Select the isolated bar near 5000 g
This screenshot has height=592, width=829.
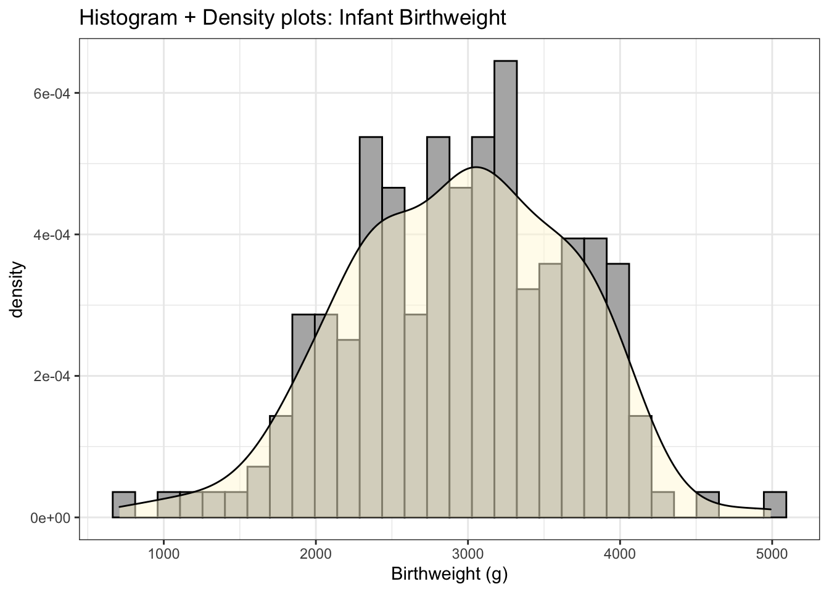pos(775,504)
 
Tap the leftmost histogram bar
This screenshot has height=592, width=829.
pos(123,504)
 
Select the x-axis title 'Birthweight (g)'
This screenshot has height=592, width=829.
pos(449,575)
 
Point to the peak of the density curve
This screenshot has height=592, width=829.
pos(475,167)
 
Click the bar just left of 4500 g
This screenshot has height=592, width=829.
pos(662,504)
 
